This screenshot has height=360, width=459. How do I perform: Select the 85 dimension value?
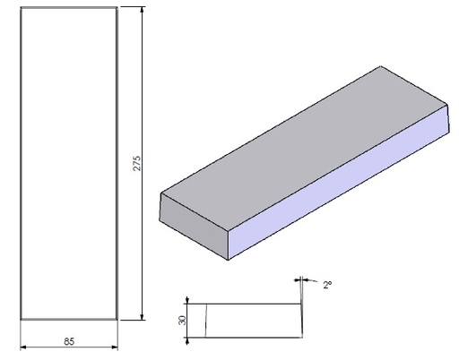(x=69, y=339)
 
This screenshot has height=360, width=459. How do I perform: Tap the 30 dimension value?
(x=181, y=320)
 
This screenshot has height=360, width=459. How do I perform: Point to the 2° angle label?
(x=328, y=284)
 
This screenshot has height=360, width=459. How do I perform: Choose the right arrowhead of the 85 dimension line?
(x=115, y=347)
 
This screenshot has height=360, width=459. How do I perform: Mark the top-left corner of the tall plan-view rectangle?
(x=20, y=7)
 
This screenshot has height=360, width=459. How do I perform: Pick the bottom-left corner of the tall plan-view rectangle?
(x=20, y=319)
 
